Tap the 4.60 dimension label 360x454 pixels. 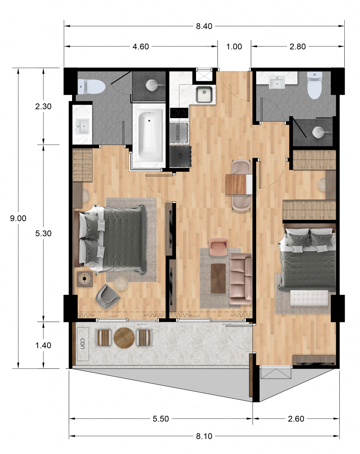(140, 46)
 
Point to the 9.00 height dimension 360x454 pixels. (18, 218)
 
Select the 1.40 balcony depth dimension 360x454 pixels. (43, 345)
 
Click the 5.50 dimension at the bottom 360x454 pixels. (161, 419)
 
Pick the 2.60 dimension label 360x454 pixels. (296, 419)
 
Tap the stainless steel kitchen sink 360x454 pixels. (204, 94)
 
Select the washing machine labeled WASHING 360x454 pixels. (179, 132)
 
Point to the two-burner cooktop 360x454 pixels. (179, 113)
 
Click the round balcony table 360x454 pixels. (124, 338)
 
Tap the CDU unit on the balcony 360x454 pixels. (83, 343)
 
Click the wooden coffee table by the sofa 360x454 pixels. (218, 278)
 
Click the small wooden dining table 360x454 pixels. (236, 184)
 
